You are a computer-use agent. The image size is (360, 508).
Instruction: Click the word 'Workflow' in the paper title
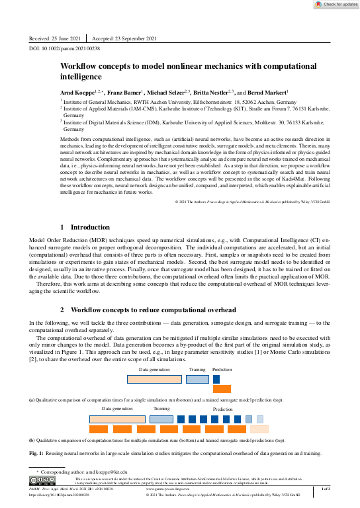point(79,67)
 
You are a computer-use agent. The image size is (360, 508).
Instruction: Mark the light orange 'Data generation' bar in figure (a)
point(154,380)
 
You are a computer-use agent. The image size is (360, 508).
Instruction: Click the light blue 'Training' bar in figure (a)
point(197,380)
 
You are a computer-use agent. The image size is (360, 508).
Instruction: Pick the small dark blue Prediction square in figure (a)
point(216,380)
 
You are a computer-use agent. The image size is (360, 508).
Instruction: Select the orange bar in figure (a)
point(222,389)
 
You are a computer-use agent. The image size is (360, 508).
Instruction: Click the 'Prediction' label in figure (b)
point(222,409)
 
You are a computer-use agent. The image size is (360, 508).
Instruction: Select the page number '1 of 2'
point(325,488)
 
